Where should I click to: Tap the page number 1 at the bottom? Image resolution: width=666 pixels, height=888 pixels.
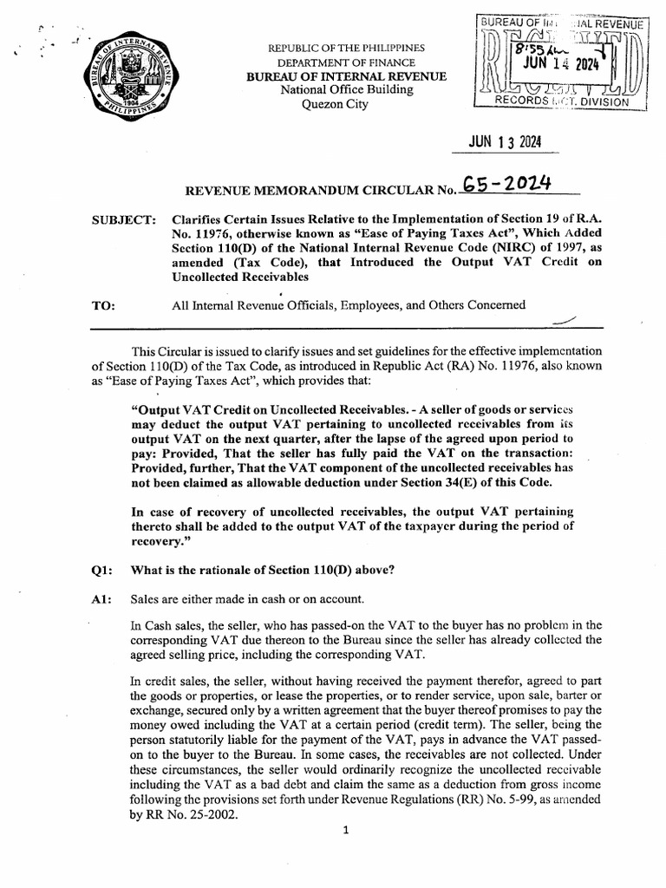(345, 830)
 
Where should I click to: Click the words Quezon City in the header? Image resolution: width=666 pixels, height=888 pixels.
(334, 105)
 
